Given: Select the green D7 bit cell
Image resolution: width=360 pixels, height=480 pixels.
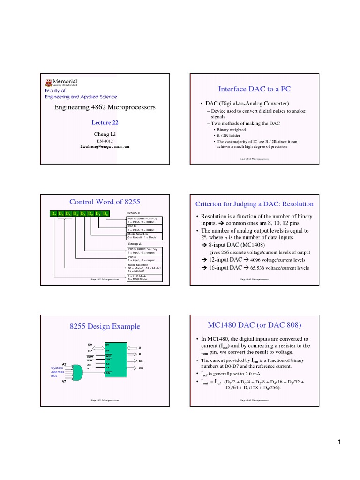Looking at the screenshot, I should click(x=53, y=214).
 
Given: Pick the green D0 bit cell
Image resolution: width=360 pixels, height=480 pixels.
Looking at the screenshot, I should click(x=105, y=214).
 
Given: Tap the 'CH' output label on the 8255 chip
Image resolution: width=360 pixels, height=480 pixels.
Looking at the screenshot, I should click(x=141, y=369).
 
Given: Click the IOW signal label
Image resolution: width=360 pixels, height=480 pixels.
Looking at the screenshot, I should click(x=90, y=356).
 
